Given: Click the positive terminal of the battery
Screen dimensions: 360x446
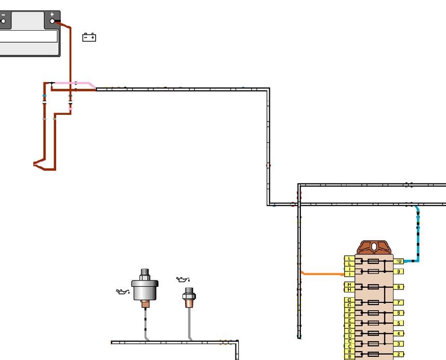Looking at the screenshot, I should pyautogui.click(x=53, y=20).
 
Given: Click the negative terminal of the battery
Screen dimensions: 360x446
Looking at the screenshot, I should pyautogui.click(x=4, y=21).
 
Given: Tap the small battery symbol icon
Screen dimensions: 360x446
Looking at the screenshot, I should pyautogui.click(x=89, y=37).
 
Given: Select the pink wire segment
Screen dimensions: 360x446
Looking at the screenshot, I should pyautogui.click(x=78, y=83).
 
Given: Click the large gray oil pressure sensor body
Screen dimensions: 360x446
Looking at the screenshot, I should pyautogui.click(x=145, y=290).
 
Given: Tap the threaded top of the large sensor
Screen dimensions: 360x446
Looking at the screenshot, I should pyautogui.click(x=145, y=273).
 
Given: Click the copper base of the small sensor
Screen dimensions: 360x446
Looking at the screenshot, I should pyautogui.click(x=188, y=303).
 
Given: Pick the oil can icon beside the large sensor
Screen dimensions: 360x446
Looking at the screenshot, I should pyautogui.click(x=122, y=291).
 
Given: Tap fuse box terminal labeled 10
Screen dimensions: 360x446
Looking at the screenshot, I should pyautogui.click(x=399, y=261).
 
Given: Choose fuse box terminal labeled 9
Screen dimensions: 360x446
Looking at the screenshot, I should pyautogui.click(x=399, y=272).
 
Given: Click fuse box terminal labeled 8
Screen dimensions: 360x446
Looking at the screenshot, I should pyautogui.click(x=399, y=287).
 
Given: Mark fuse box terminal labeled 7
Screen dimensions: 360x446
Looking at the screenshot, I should pyautogui.click(x=399, y=302).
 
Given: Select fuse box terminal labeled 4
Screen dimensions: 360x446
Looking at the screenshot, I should pyautogui.click(x=399, y=334).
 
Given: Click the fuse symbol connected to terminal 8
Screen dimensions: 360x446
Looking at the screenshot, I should pyautogui.click(x=373, y=287).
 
